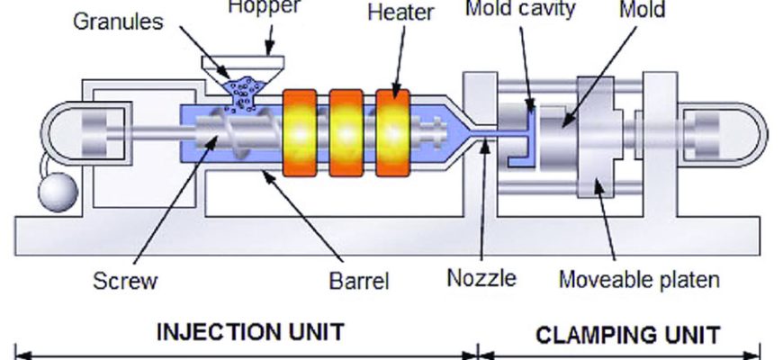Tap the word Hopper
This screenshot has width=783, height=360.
(x=264, y=7)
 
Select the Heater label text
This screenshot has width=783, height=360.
(x=400, y=13)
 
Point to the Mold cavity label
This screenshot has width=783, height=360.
(x=519, y=10)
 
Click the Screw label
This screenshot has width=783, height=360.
(x=125, y=281)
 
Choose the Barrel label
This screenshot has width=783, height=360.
(x=358, y=281)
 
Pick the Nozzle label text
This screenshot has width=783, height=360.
(x=481, y=278)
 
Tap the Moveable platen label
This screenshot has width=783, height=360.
(x=639, y=279)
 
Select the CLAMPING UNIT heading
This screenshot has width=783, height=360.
(x=627, y=335)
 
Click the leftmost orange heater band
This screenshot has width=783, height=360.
(x=302, y=131)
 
